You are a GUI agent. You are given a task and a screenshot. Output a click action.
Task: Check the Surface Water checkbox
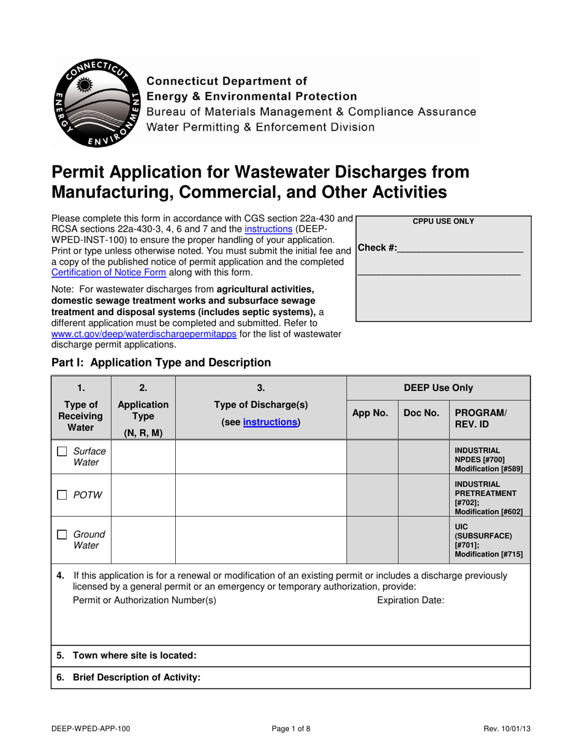point(62,452)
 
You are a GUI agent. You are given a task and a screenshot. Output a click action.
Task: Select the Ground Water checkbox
point(62,535)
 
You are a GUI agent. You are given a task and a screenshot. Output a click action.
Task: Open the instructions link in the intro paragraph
point(268,229)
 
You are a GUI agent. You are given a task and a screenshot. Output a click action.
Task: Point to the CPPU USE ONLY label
point(443,221)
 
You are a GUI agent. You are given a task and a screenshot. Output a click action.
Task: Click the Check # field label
point(377,248)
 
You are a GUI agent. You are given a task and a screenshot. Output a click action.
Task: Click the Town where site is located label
point(134,655)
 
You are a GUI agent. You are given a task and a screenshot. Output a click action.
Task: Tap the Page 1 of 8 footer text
point(291,729)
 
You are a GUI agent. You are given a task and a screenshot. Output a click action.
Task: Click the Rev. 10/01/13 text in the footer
point(507,729)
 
